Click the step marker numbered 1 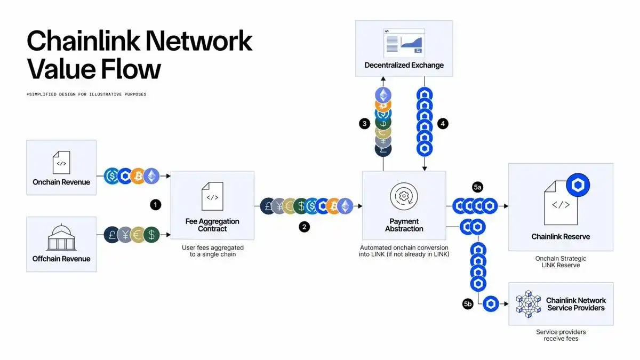(155, 204)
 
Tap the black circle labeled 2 (304, 227)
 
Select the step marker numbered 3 (364, 124)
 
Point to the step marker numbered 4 (442, 124)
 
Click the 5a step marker (477, 187)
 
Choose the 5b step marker (468, 304)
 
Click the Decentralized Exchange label (404, 65)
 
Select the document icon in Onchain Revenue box (61, 162)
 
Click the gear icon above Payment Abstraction (404, 196)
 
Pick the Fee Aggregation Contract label (212, 225)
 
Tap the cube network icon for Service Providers (528, 304)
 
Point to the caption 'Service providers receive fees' (561, 335)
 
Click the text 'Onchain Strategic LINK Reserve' (561, 262)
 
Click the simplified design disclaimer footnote (86, 94)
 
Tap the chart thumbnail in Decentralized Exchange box (404, 42)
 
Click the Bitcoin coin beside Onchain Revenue (138, 175)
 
